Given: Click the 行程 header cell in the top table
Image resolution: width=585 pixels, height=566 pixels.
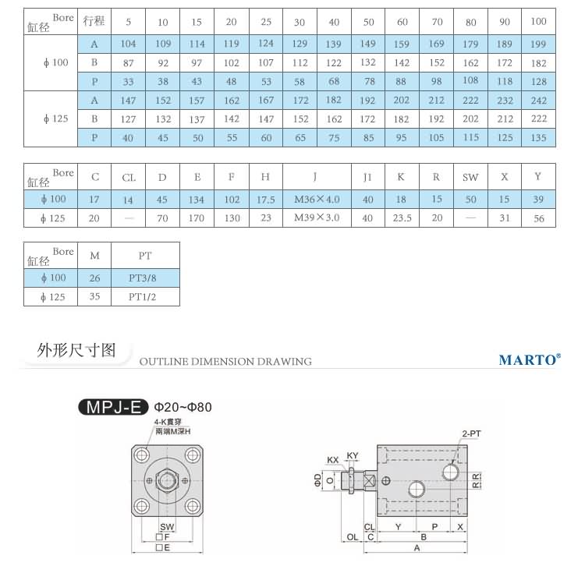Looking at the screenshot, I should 94,21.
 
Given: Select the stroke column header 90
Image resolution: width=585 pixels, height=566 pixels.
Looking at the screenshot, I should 505,21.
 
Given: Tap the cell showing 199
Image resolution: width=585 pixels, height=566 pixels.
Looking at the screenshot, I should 538,44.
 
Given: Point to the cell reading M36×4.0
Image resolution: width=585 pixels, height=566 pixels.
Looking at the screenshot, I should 317,200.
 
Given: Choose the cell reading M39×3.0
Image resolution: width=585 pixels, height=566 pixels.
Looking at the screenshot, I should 317,218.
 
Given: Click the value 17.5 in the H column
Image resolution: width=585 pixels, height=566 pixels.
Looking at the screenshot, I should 266,200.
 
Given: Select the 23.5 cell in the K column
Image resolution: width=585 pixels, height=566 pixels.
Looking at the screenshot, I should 401,218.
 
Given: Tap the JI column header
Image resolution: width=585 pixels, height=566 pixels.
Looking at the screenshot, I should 367,177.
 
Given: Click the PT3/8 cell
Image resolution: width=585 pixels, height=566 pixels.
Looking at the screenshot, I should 145,278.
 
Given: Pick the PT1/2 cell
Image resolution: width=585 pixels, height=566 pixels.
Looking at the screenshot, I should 145,296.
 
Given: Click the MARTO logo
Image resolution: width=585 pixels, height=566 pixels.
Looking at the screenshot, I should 529,360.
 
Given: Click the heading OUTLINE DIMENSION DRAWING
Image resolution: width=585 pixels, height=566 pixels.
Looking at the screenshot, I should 225,362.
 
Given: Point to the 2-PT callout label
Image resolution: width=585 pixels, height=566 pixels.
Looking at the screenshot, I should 470,433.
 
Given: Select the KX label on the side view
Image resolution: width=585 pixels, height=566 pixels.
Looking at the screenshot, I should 333,459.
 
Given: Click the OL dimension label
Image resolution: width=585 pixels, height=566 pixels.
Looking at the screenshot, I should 352,537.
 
